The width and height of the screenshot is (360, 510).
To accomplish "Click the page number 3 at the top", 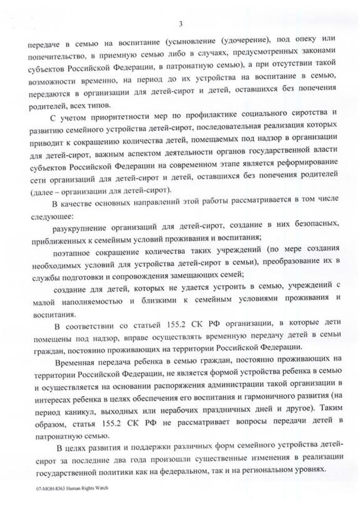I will coord(181,24).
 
